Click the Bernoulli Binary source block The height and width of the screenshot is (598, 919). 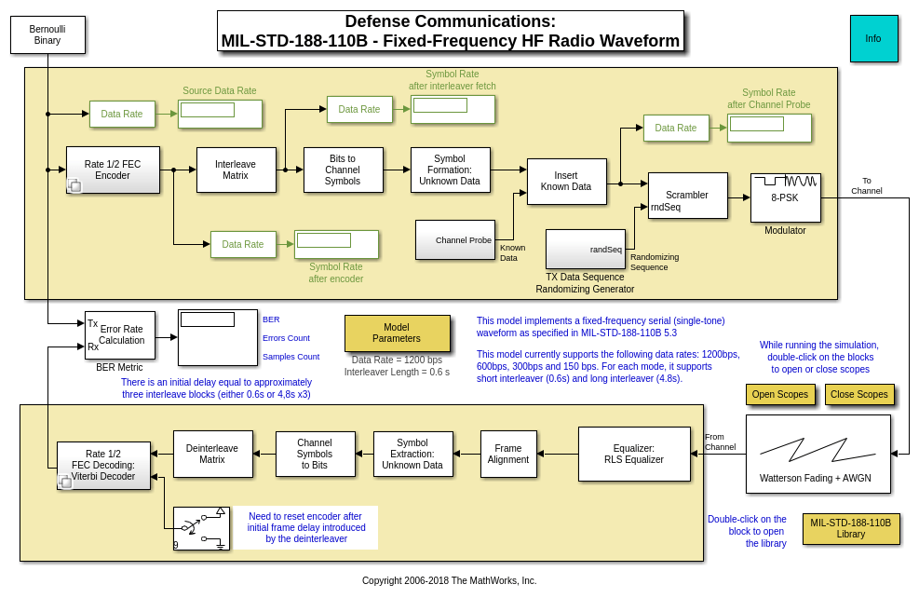click(47, 34)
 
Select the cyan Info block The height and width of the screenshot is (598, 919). click(873, 38)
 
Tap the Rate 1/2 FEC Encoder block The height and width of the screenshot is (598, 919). click(113, 170)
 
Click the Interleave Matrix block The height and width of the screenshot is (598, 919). click(236, 170)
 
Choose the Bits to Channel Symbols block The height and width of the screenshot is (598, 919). click(343, 170)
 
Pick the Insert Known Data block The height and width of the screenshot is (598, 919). click(566, 181)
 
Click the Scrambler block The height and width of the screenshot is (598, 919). click(687, 196)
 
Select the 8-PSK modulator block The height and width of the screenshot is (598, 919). click(785, 197)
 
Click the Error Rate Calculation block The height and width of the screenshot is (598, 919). click(120, 334)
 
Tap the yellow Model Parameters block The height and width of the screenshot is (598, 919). click(397, 333)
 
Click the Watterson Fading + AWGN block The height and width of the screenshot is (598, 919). click(818, 454)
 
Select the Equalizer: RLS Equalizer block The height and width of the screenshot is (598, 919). click(634, 454)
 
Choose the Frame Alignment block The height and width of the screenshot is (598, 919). click(508, 454)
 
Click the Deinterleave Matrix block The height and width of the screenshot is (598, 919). click(212, 454)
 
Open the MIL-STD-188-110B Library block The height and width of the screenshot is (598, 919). click(850, 528)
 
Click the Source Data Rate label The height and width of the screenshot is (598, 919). click(219, 90)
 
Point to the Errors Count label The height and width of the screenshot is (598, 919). click(286, 338)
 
